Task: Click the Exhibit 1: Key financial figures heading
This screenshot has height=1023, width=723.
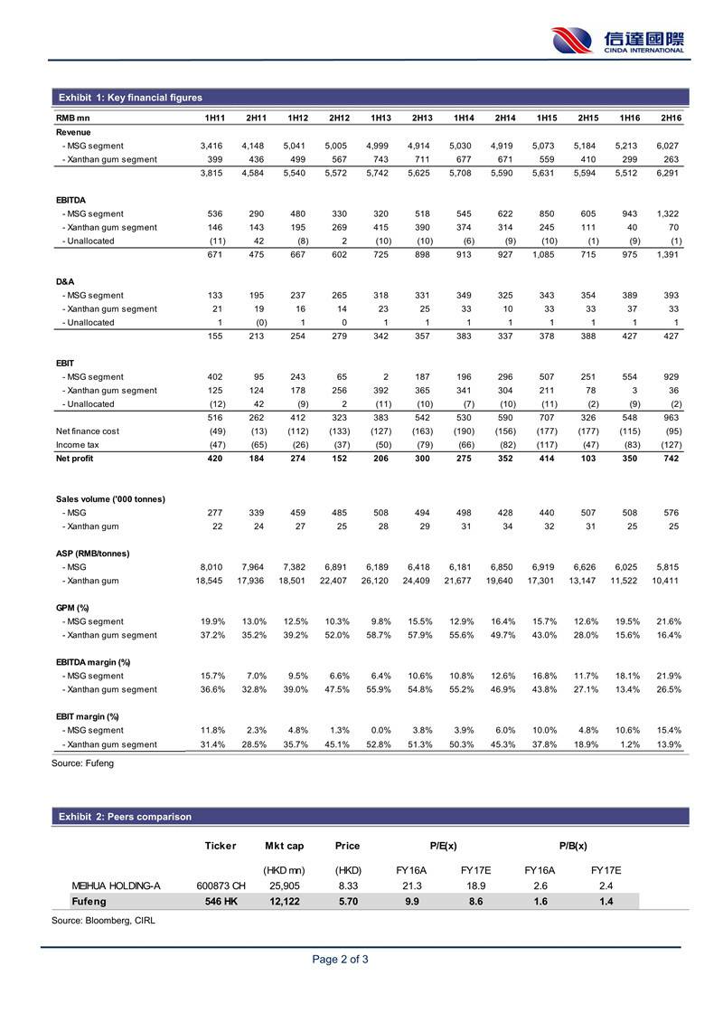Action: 130,98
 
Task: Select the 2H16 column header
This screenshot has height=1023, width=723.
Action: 670,118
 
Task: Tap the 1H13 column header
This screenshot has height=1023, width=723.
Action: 380,118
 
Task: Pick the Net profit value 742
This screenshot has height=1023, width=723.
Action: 670,459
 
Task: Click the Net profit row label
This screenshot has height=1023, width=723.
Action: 74,459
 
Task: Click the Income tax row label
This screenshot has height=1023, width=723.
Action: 77,445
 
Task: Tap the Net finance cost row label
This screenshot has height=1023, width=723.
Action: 87,431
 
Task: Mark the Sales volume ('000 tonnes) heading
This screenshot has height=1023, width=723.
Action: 109,499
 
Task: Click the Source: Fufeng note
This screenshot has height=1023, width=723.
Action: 83,763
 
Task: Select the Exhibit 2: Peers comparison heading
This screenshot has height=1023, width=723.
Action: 125,817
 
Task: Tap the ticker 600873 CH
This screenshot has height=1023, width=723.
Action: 221,886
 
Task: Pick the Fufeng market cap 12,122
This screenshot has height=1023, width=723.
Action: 284,901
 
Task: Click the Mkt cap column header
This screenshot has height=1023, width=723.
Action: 284,846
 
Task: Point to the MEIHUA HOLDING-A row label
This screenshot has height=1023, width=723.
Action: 116,886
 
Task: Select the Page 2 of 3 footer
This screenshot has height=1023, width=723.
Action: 340,960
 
